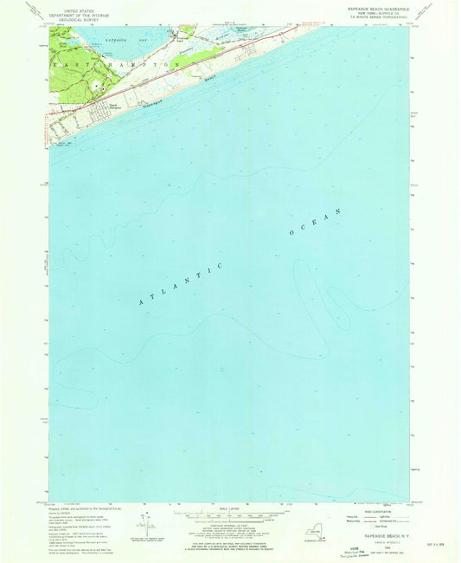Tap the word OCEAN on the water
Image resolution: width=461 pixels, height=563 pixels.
(317, 223)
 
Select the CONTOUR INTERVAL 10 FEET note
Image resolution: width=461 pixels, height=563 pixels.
(229, 527)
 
